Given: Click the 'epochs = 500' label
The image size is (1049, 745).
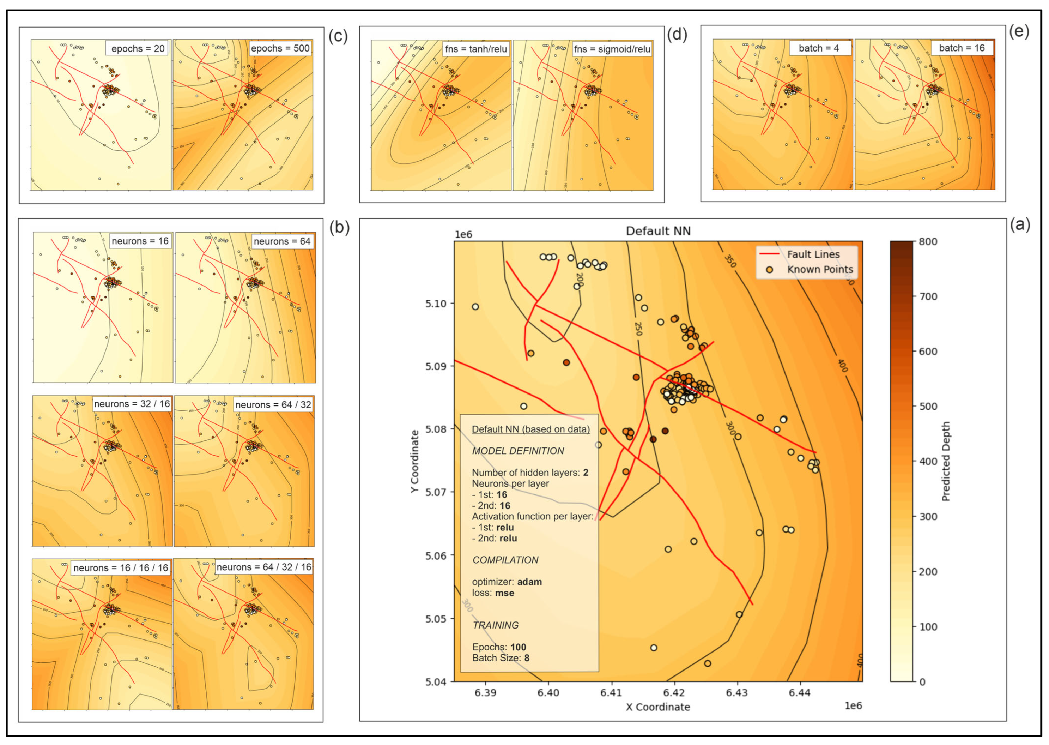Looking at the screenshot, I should tap(280, 48).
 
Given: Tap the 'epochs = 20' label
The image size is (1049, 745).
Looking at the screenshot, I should tap(138, 48).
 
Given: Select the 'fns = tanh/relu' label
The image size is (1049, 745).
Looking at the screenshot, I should tap(475, 49).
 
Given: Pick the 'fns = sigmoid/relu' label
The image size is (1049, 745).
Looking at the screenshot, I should tap(612, 49).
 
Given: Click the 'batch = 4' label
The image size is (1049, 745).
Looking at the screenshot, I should tap(818, 48).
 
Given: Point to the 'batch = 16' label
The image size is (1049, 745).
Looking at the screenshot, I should tap(962, 48).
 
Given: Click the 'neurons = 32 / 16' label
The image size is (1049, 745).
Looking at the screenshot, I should tap(132, 404).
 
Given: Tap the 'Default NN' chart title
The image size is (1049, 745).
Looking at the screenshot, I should tap(658, 231).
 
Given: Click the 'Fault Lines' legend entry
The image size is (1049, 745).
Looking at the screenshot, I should tap(820, 254).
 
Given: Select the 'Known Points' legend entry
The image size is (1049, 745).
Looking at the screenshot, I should tap(820, 269).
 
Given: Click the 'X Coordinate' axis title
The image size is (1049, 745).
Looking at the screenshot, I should tap(658, 707).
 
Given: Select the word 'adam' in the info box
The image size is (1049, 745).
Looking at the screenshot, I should tap(529, 582).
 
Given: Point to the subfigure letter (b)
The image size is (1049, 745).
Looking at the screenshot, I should tap(339, 227).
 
